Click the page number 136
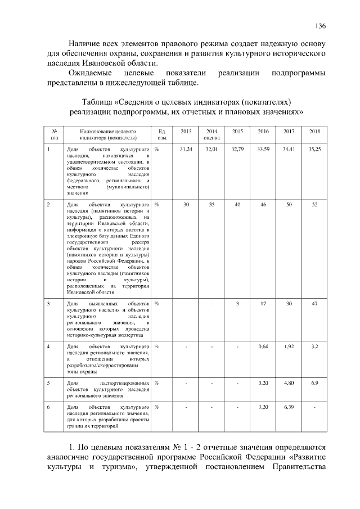(321, 25)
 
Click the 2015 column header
(237, 131)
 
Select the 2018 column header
(315, 131)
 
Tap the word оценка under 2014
(211, 137)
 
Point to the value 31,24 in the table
(186, 149)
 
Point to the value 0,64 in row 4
(263, 346)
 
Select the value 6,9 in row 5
(315, 382)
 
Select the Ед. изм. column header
(163, 134)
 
